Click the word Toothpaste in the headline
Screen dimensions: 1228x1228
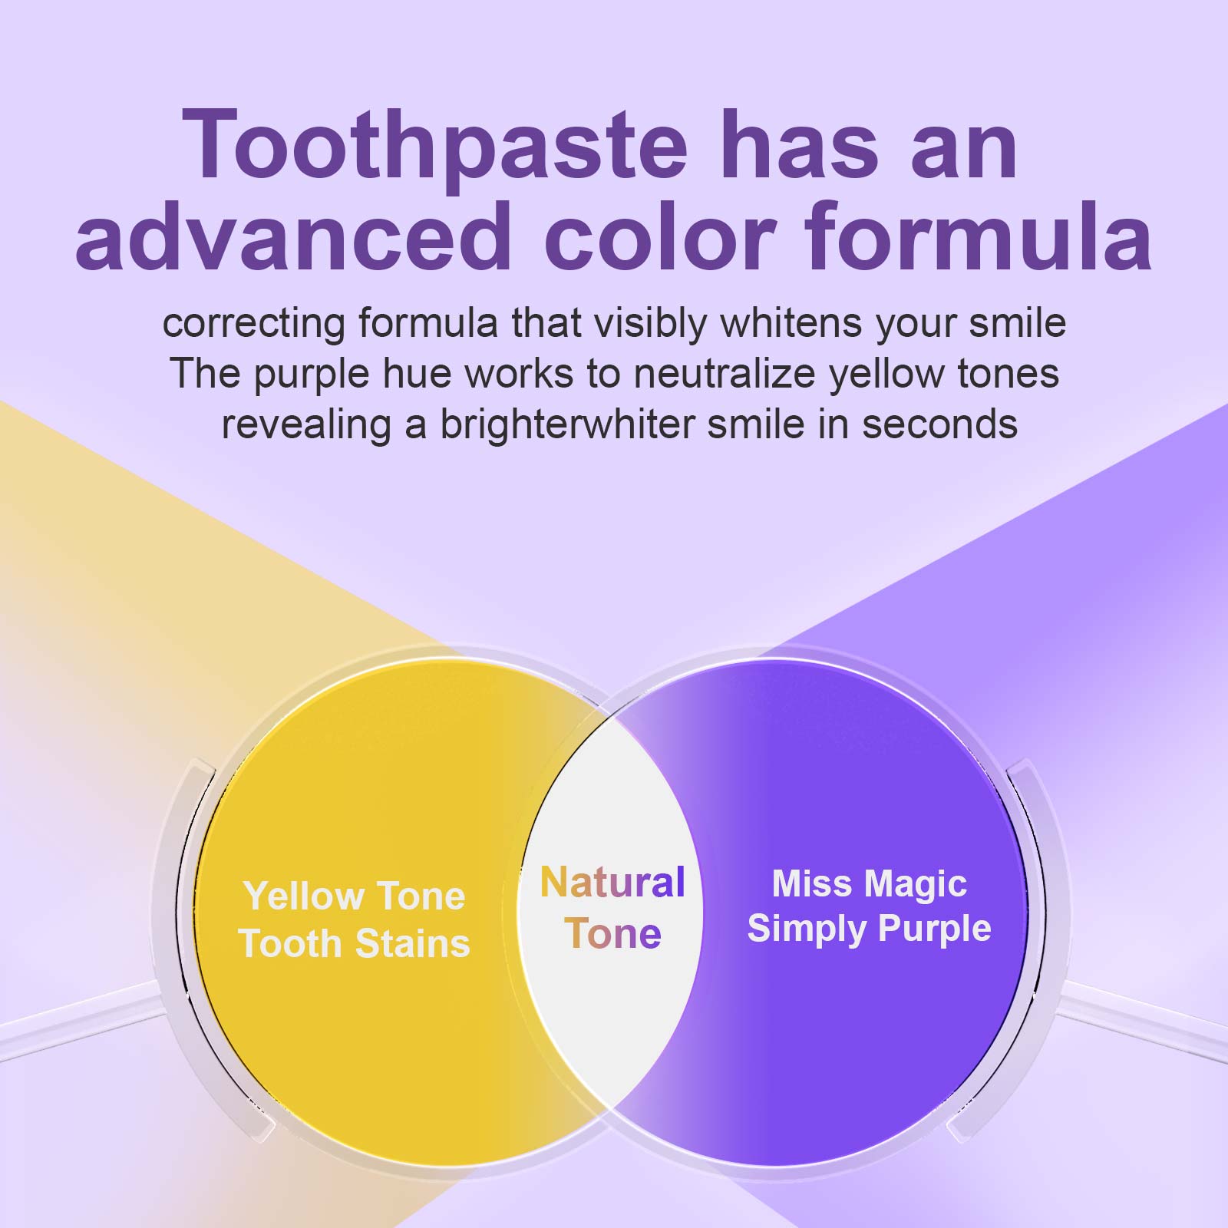(x=434, y=146)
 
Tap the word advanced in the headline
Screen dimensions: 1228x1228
(x=293, y=236)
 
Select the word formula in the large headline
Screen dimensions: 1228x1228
(x=979, y=236)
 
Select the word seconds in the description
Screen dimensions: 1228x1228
(x=939, y=424)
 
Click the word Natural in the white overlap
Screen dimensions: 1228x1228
(x=612, y=883)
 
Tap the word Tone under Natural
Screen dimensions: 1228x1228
(x=612, y=933)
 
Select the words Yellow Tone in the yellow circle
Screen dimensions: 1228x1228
(x=354, y=896)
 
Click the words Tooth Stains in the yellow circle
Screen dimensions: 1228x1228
(x=354, y=943)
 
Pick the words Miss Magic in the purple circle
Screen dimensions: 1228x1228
(x=869, y=883)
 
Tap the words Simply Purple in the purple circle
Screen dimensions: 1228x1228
(x=869, y=929)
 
